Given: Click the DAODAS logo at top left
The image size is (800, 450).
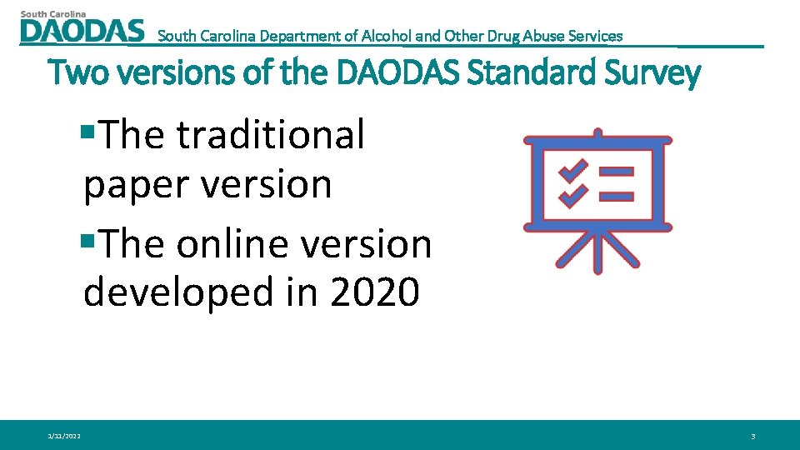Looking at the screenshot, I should click(82, 30).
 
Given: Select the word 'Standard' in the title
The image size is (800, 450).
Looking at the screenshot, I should click(526, 74).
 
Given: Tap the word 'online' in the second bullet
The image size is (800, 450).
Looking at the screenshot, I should click(237, 244).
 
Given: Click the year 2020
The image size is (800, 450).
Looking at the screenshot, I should click(375, 292).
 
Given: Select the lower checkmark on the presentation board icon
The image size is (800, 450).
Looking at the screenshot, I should click(572, 197).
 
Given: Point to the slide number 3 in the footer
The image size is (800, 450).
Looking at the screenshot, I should click(752, 436).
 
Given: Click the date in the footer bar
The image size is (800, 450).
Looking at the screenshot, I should click(64, 436).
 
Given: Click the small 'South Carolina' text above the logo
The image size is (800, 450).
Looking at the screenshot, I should click(53, 13).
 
